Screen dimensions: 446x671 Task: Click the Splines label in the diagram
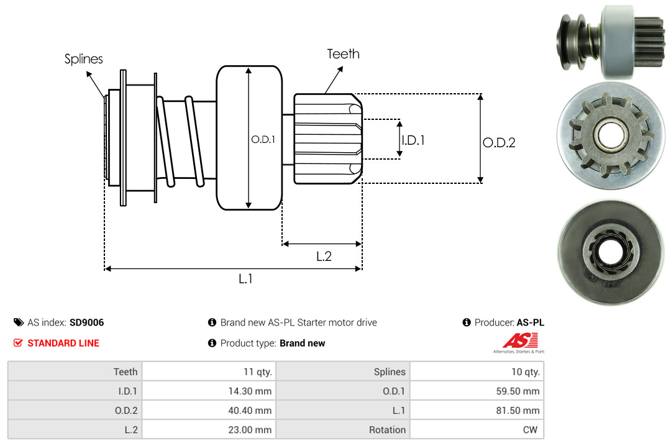[83, 60]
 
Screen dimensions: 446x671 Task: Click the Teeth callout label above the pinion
[343, 54]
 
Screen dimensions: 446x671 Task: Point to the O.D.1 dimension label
[263, 140]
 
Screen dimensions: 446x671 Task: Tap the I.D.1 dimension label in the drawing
[413, 140]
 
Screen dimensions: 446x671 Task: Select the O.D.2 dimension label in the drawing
[499, 143]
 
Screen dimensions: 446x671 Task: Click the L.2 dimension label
[324, 256]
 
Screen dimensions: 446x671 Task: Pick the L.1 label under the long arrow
[245, 279]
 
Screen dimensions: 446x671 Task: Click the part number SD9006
[86, 322]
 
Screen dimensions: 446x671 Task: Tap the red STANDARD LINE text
[63, 343]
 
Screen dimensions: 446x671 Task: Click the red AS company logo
[519, 340]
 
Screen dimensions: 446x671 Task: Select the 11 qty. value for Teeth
[257, 371]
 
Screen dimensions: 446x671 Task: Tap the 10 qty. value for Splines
[524, 371]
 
